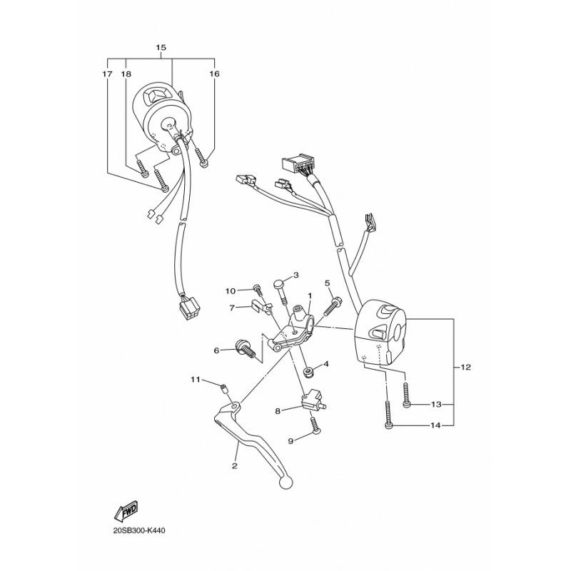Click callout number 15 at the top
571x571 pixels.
click(161, 48)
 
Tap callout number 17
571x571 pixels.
click(107, 74)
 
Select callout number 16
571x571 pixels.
click(214, 74)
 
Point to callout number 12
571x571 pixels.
click(466, 368)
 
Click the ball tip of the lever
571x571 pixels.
click(285, 483)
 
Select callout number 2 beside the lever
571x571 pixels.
click(234, 465)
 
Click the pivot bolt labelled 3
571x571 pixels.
click(280, 286)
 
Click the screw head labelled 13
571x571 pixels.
click(406, 405)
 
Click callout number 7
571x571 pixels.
click(233, 308)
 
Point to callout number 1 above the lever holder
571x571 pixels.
click(310, 295)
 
